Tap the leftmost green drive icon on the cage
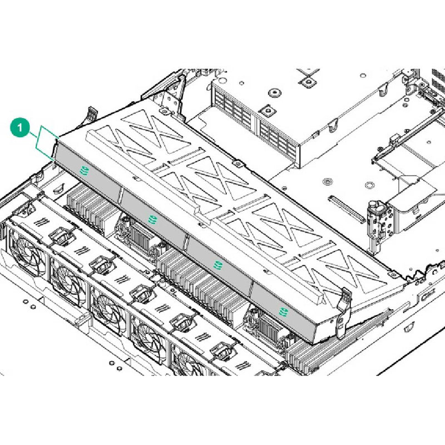click(x=85, y=170)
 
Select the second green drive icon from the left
click(x=150, y=217)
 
